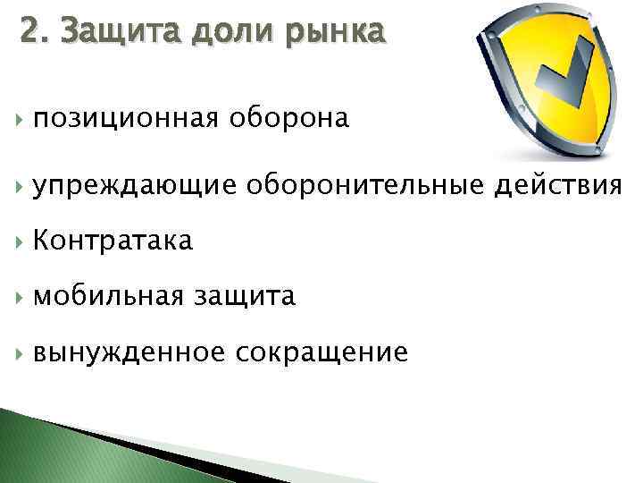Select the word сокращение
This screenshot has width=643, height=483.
coord(321,352)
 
